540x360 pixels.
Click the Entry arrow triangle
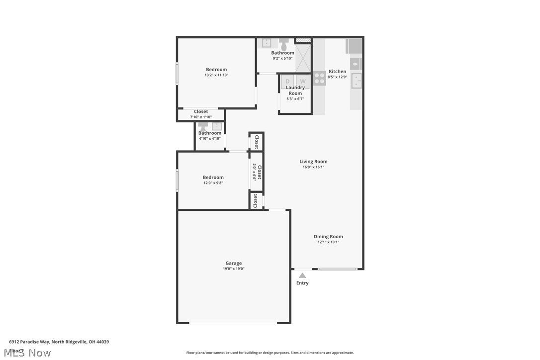click(302, 275)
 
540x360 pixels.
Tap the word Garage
click(233, 263)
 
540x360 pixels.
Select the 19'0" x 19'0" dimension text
click(233, 269)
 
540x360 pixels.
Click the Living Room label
click(313, 161)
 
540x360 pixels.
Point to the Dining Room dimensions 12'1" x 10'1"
click(328, 242)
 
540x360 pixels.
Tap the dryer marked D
click(287, 81)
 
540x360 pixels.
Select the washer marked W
click(303, 81)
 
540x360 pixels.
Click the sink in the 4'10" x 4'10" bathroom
click(216, 126)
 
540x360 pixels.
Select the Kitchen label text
click(337, 71)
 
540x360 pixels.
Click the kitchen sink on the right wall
click(357, 81)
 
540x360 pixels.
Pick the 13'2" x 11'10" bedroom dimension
click(216, 75)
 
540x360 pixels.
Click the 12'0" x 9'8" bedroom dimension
click(213, 183)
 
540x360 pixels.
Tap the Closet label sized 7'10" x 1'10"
click(201, 111)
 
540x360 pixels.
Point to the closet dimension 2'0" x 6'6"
click(254, 172)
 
